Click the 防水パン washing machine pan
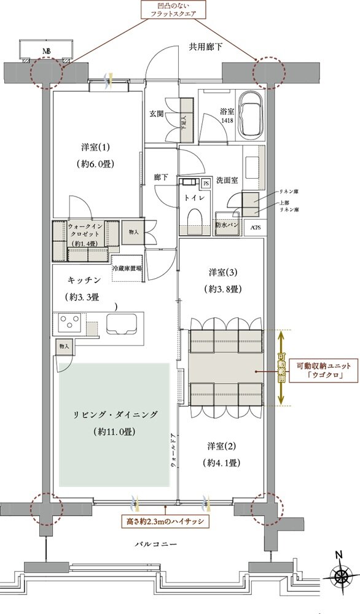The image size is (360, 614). [x=227, y=226]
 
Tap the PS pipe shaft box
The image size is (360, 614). [x=206, y=183]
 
